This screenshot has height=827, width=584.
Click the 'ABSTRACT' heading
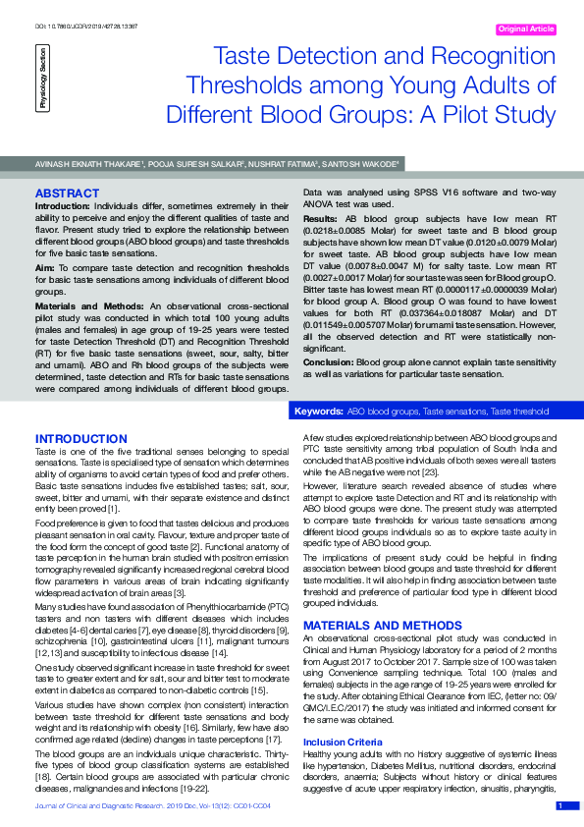tap(65, 193)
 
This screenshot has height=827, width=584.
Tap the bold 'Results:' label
tap(320, 217)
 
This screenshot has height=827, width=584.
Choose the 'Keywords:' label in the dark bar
tap(318, 410)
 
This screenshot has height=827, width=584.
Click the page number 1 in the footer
tap(559, 805)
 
